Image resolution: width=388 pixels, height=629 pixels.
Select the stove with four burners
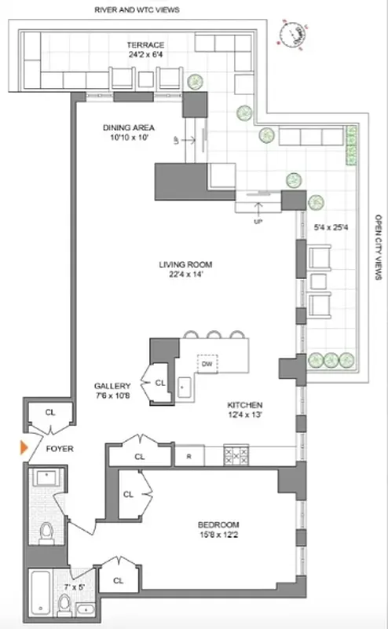click(236, 455)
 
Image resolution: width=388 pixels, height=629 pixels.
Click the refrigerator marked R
click(189, 455)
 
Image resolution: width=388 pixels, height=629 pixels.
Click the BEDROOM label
click(218, 524)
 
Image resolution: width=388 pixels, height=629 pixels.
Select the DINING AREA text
click(128, 127)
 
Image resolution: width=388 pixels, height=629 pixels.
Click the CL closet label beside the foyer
click(50, 411)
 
